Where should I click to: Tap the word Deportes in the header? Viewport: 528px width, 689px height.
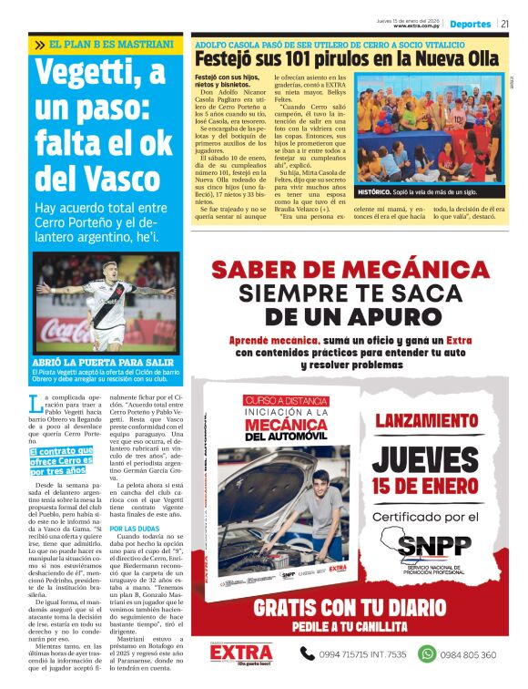(x=471, y=24)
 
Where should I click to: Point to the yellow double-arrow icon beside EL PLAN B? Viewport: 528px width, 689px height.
(x=40, y=44)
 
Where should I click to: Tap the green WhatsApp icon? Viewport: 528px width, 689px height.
(x=425, y=653)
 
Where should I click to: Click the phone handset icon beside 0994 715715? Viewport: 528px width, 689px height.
(x=310, y=653)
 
